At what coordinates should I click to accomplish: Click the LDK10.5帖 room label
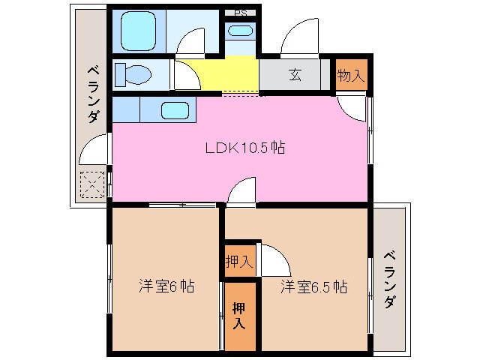click(x=244, y=148)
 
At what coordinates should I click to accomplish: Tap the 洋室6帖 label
click(x=166, y=286)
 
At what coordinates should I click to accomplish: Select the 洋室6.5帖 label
click(x=313, y=286)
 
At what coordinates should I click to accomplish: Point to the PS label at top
click(x=241, y=13)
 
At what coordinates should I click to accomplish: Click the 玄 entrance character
click(x=295, y=74)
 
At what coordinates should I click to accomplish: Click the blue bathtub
click(x=139, y=31)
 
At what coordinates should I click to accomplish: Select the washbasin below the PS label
click(x=241, y=31)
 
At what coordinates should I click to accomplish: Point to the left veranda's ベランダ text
click(x=93, y=94)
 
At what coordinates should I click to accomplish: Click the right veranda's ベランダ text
click(x=389, y=279)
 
